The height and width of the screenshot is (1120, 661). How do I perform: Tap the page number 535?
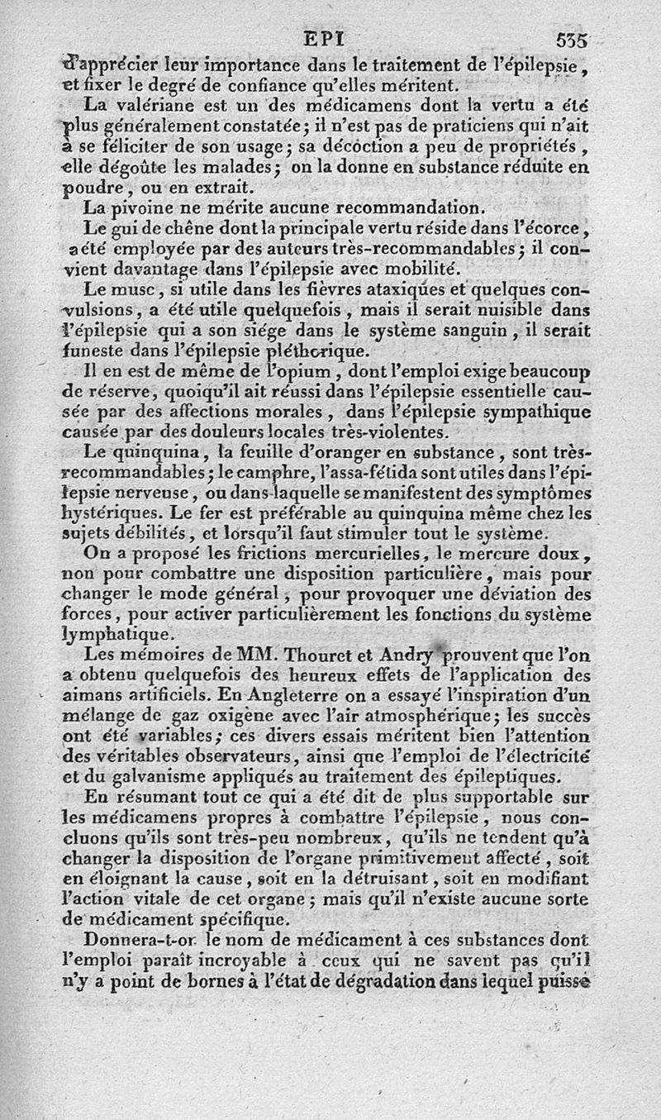point(572,40)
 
